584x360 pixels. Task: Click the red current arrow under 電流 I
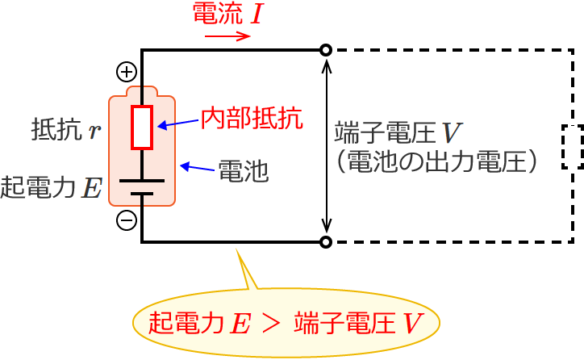click(228, 36)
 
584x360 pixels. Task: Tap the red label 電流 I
click(227, 14)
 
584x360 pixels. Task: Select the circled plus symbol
click(127, 72)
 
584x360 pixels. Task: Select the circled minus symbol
click(127, 220)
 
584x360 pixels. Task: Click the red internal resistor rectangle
click(142, 127)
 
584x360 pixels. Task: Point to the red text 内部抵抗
click(252, 119)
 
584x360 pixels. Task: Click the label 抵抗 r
click(66, 129)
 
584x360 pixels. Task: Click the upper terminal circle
click(326, 50)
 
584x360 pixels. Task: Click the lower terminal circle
click(326, 241)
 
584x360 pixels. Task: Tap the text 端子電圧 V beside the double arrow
click(398, 132)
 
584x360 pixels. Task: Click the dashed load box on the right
click(572, 146)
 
